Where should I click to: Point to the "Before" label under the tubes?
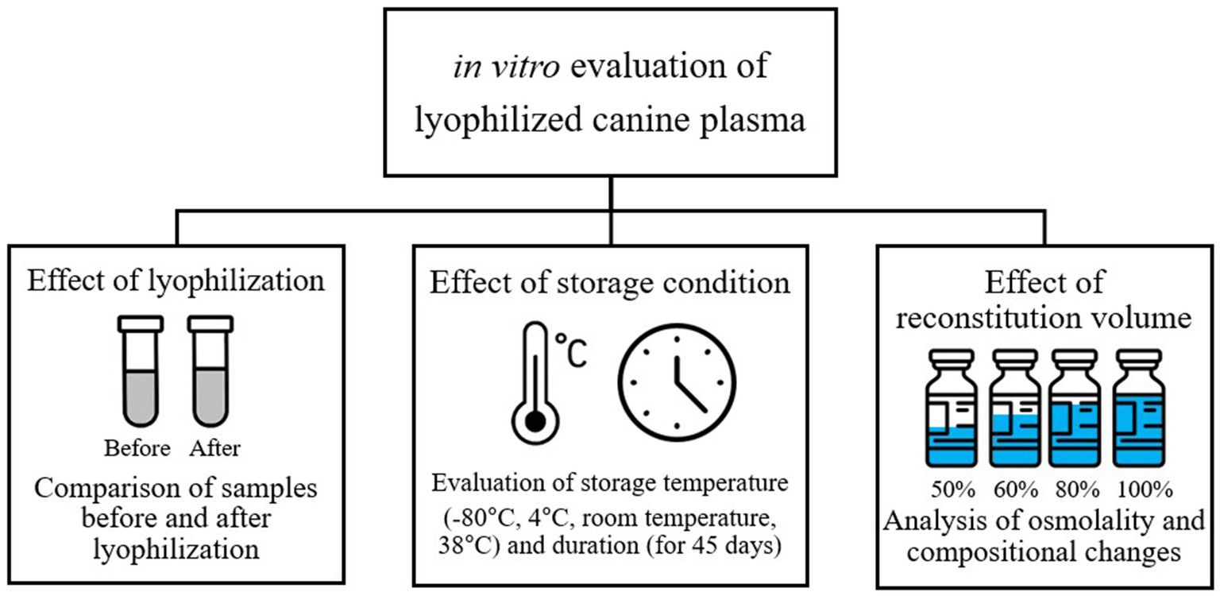[137, 448]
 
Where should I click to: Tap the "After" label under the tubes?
[215, 448]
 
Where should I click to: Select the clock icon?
[678, 381]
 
